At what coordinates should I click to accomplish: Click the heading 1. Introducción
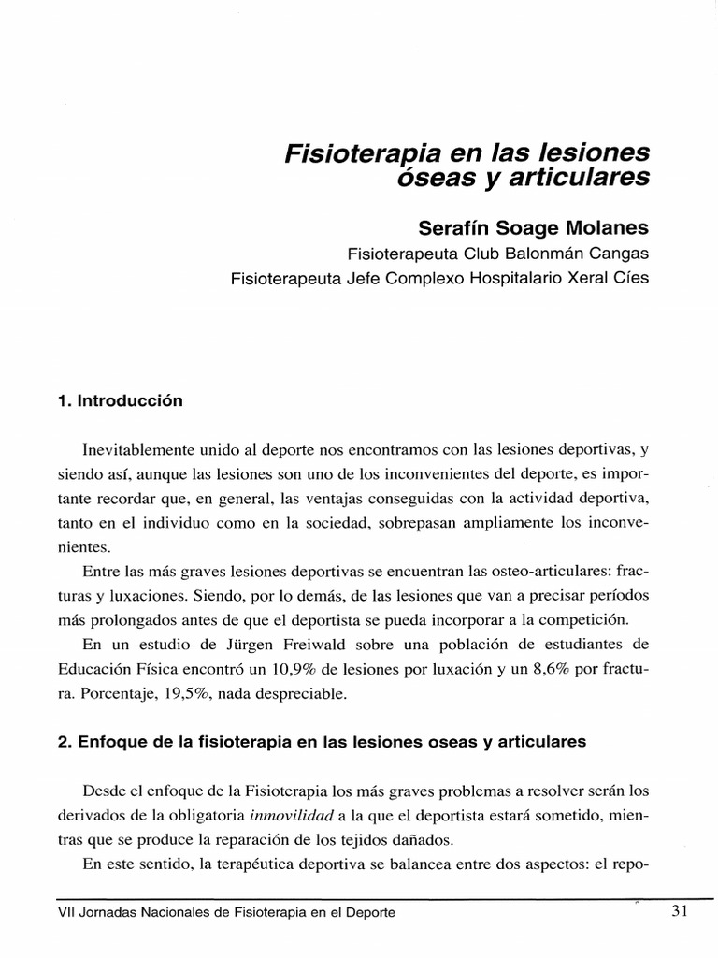point(120,401)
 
